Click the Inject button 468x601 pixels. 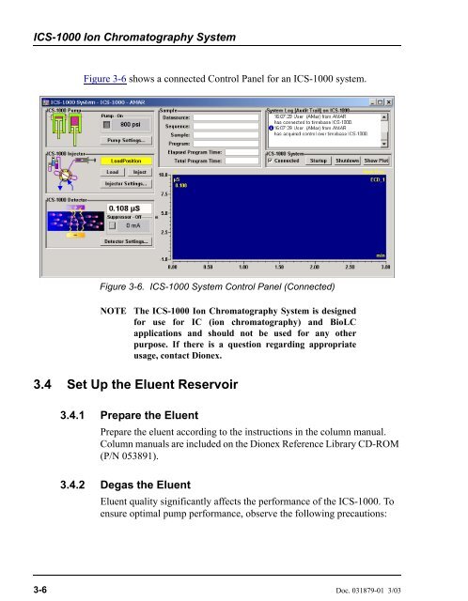137,172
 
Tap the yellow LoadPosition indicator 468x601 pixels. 124,161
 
